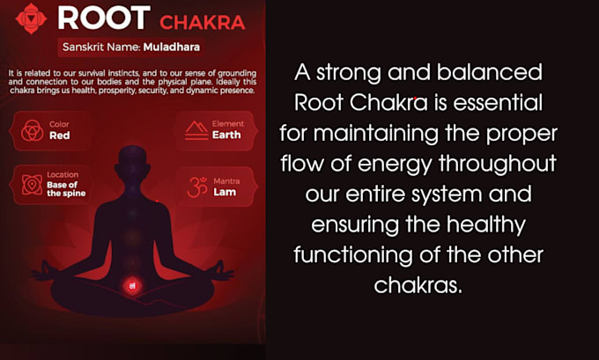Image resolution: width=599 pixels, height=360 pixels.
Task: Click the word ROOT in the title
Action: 104,18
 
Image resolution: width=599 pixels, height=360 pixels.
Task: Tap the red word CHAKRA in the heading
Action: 202,23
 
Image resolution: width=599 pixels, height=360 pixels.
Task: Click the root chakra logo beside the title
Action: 31,18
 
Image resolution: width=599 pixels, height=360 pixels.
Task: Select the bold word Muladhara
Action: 172,47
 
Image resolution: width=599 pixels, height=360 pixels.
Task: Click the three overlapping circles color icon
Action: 32,130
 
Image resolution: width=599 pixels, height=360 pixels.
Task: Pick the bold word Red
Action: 60,136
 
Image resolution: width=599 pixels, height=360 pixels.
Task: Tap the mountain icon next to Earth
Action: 196,130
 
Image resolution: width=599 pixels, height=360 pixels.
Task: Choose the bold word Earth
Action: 226,136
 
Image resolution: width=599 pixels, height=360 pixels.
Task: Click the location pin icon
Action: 32,185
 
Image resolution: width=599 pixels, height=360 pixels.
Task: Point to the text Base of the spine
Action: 66,189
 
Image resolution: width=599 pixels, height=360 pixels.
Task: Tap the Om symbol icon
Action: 197,187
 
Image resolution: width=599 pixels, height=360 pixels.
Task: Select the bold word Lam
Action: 225,192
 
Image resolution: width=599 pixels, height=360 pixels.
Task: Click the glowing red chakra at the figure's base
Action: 132,285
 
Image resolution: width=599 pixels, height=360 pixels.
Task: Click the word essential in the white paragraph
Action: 498,102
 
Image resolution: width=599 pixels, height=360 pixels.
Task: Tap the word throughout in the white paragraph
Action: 498,165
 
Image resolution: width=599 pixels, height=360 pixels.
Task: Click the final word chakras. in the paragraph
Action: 418,285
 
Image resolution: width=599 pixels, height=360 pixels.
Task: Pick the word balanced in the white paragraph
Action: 490,72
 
